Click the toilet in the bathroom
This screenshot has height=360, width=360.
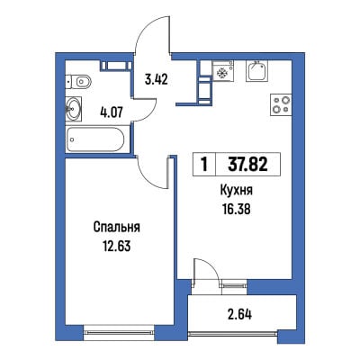pos(78,81)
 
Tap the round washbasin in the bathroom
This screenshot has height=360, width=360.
pos(74,109)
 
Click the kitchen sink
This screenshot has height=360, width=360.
pos(256,71)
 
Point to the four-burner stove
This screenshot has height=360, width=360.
pos(282,105)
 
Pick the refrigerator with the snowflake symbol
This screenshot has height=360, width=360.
pos(222,71)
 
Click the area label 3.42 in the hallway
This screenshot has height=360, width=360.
pos(156,80)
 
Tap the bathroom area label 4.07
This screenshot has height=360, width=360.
pos(111,112)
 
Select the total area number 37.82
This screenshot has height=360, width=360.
pos(247,165)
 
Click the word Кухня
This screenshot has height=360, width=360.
pos(237,191)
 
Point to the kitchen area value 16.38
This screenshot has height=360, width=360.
pos(237,210)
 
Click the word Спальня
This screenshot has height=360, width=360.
pos(117,228)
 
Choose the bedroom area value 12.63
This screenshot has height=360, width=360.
pos(117,247)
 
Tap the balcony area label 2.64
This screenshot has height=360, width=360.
pos(238,315)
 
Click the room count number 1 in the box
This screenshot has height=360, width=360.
pos(205,165)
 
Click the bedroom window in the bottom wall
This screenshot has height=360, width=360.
pos(118,332)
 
